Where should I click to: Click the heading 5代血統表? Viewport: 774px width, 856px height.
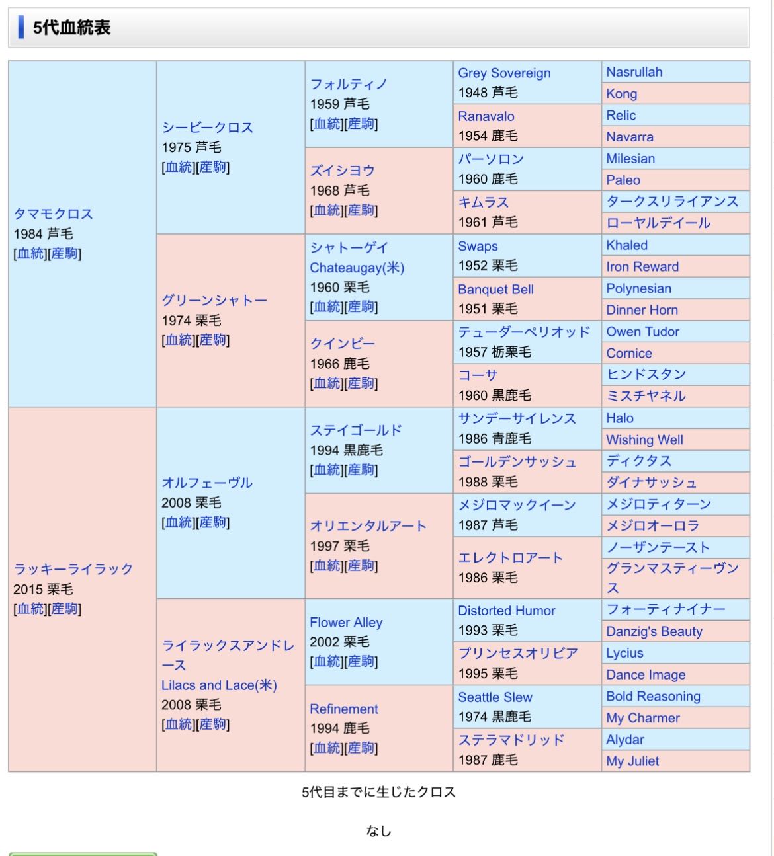coord(71,28)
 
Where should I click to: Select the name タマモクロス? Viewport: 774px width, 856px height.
coord(54,214)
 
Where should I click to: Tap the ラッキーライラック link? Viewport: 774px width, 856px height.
coord(73,569)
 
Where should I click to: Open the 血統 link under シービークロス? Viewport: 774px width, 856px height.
coord(179,167)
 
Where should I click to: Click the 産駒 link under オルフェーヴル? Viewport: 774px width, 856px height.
coord(213,522)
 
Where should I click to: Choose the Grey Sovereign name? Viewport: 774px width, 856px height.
coord(504,73)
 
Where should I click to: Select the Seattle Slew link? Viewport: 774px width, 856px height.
coord(495,697)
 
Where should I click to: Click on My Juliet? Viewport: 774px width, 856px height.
coord(632,761)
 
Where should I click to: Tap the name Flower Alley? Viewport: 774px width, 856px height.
coord(346,623)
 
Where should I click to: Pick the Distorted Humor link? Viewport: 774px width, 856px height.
coord(507,611)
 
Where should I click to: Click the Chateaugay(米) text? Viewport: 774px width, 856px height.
coord(357,268)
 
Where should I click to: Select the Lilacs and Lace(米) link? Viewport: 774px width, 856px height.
coord(219,685)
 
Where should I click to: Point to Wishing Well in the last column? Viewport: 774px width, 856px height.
coord(644,440)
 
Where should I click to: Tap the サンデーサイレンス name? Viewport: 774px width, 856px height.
coord(517,418)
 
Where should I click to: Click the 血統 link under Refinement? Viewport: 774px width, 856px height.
coord(327,748)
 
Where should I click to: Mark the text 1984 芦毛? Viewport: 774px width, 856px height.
coord(43,234)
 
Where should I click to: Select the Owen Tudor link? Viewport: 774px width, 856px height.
coord(642,332)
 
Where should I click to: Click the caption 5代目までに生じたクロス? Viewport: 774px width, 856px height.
coord(378,792)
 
